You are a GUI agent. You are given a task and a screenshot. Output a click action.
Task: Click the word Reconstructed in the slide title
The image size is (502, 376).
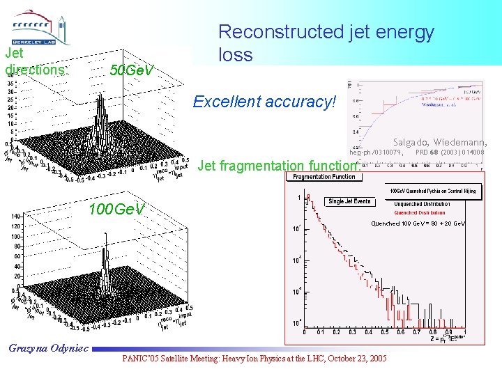(x=279, y=32)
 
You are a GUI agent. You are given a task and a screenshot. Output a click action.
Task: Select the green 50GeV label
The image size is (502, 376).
(x=132, y=70)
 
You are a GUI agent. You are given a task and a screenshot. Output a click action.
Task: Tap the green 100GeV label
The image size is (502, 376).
(x=116, y=210)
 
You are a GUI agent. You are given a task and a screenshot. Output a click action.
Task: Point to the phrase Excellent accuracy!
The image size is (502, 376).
(x=264, y=102)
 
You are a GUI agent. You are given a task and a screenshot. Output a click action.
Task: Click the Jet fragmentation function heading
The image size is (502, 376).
(x=278, y=166)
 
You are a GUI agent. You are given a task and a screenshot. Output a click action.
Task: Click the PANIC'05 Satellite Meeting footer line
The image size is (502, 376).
(x=254, y=358)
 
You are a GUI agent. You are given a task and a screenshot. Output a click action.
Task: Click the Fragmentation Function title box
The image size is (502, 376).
(x=323, y=177)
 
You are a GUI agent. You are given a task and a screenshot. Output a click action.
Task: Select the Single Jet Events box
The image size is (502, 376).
(x=349, y=201)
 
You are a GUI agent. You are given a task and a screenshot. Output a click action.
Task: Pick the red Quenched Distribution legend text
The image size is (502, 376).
(x=420, y=213)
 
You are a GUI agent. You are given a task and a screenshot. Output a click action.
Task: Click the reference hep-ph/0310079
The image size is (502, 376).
(x=375, y=152)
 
